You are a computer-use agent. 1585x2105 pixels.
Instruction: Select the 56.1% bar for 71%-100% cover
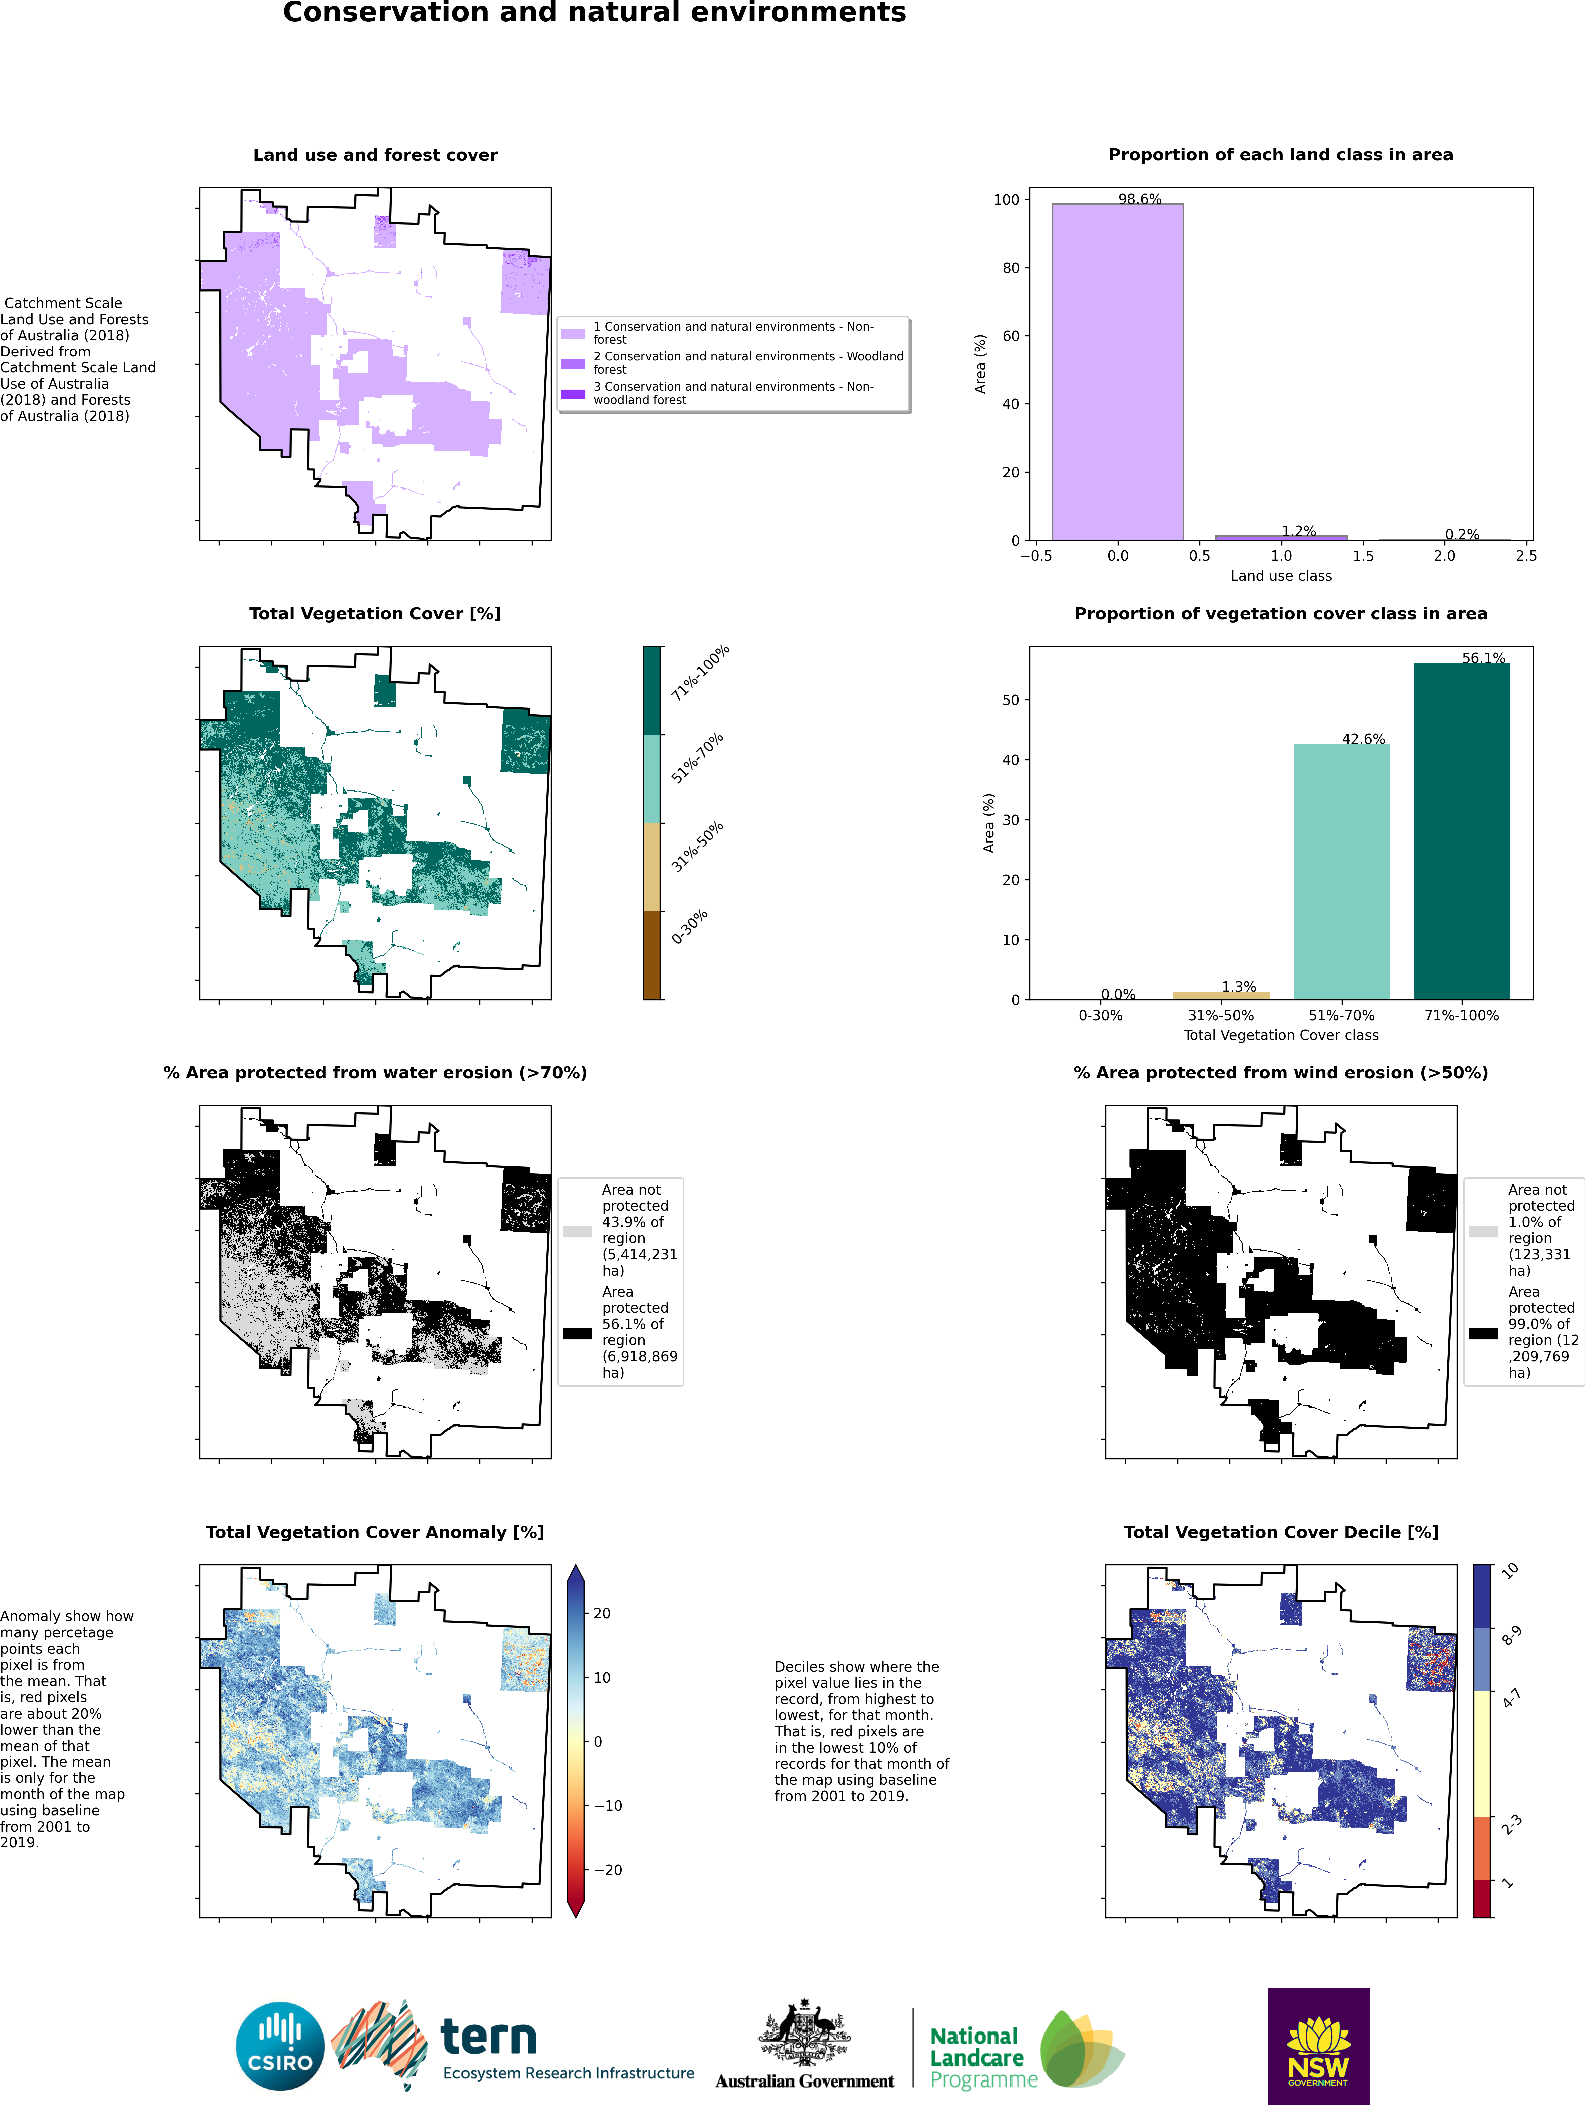click(1461, 831)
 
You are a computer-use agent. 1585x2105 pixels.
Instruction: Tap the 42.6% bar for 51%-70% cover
click(1342, 872)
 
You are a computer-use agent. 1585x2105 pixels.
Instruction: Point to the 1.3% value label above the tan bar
click(1239, 987)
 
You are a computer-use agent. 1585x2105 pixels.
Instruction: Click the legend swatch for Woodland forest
click(573, 363)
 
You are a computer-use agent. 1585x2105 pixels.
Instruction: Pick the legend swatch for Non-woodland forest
click(573, 394)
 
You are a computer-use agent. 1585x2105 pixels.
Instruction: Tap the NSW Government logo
click(1319, 2046)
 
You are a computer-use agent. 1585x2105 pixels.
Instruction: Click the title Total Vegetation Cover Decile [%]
click(1281, 1531)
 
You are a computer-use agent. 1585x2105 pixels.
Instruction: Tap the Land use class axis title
click(1281, 576)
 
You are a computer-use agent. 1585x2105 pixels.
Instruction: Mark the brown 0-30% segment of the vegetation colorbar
click(652, 955)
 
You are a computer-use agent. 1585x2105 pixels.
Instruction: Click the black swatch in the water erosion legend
click(577, 1333)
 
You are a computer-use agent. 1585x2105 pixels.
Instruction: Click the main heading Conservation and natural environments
click(594, 12)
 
